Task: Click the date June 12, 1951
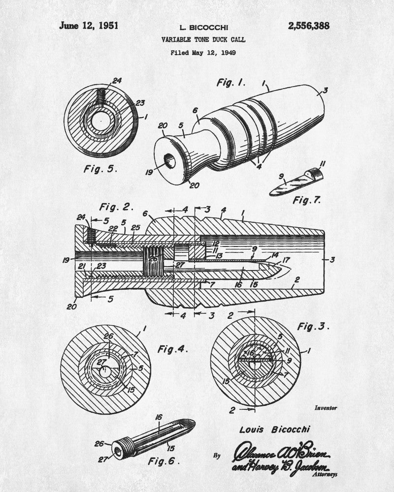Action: [x=89, y=26]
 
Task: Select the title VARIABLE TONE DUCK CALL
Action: [x=203, y=39]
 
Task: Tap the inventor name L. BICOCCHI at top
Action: [x=203, y=29]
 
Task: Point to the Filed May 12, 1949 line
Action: [x=203, y=52]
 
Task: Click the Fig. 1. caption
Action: [x=231, y=82]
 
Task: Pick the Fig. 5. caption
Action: [x=100, y=169]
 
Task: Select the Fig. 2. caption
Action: [x=116, y=206]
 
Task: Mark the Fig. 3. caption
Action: [x=314, y=326]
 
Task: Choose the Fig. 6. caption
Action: [x=164, y=461]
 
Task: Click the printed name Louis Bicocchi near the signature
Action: [x=275, y=430]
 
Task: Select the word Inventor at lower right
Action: [x=326, y=408]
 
